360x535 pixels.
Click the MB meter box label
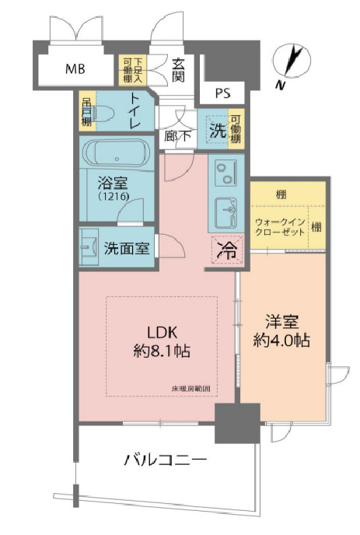75,68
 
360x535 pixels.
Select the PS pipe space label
222,94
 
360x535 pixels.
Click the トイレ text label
135,112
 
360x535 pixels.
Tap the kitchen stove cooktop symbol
226,172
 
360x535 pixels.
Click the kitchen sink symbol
226,210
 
